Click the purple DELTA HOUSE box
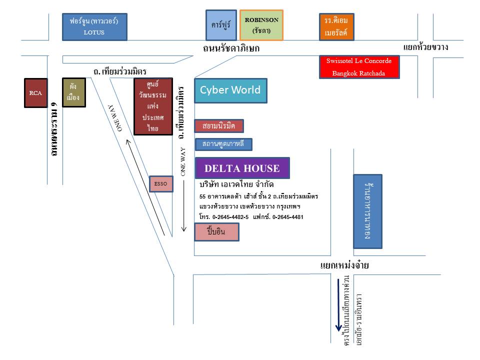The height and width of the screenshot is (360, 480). click(x=242, y=168)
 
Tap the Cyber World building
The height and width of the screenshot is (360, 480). click(x=230, y=90)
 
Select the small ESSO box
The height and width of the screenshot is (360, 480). click(x=161, y=184)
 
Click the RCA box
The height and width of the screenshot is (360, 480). click(x=36, y=93)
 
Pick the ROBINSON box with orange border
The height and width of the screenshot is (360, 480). click(x=261, y=25)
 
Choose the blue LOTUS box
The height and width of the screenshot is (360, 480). click(x=94, y=26)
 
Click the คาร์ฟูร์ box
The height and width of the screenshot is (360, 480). click(x=221, y=24)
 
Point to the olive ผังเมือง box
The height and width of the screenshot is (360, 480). click(x=73, y=92)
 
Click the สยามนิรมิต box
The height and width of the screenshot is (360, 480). click(x=219, y=125)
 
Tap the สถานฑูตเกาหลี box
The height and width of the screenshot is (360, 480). click(x=223, y=144)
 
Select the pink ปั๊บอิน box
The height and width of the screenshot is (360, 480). click(x=216, y=232)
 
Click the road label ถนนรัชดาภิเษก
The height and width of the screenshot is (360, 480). click(x=231, y=48)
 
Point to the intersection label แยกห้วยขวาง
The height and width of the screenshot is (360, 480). click(x=425, y=48)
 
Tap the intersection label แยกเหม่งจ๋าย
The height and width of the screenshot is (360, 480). click(x=344, y=265)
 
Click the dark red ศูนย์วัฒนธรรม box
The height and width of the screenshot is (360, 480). click(x=153, y=106)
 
